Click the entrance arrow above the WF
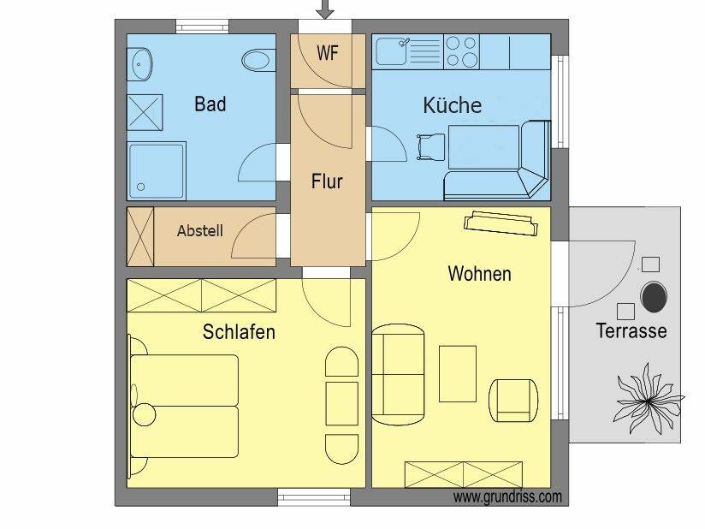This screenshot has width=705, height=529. (324, 9)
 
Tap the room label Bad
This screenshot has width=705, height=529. (210, 104)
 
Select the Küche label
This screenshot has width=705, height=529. (453, 104)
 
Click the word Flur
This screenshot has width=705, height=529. (327, 181)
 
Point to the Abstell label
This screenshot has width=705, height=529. (200, 231)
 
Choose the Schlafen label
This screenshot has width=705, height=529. (239, 332)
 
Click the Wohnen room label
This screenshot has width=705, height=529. (479, 274)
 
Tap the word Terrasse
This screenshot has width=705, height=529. (631, 330)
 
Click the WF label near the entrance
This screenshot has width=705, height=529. (328, 53)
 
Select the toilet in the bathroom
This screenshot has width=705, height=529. (258, 60)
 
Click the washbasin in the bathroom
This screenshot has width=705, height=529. (139, 65)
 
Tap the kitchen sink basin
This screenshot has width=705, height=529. (391, 52)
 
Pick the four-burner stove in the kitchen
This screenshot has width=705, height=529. (461, 51)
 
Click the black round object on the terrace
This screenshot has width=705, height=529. (654, 297)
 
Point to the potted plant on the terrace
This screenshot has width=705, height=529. (649, 399)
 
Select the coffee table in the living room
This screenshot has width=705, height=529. (457, 373)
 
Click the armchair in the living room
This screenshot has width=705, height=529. (513, 401)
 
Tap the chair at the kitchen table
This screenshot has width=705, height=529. (430, 146)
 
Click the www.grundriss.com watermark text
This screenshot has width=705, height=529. (507, 497)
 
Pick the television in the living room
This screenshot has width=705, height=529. (501, 223)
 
